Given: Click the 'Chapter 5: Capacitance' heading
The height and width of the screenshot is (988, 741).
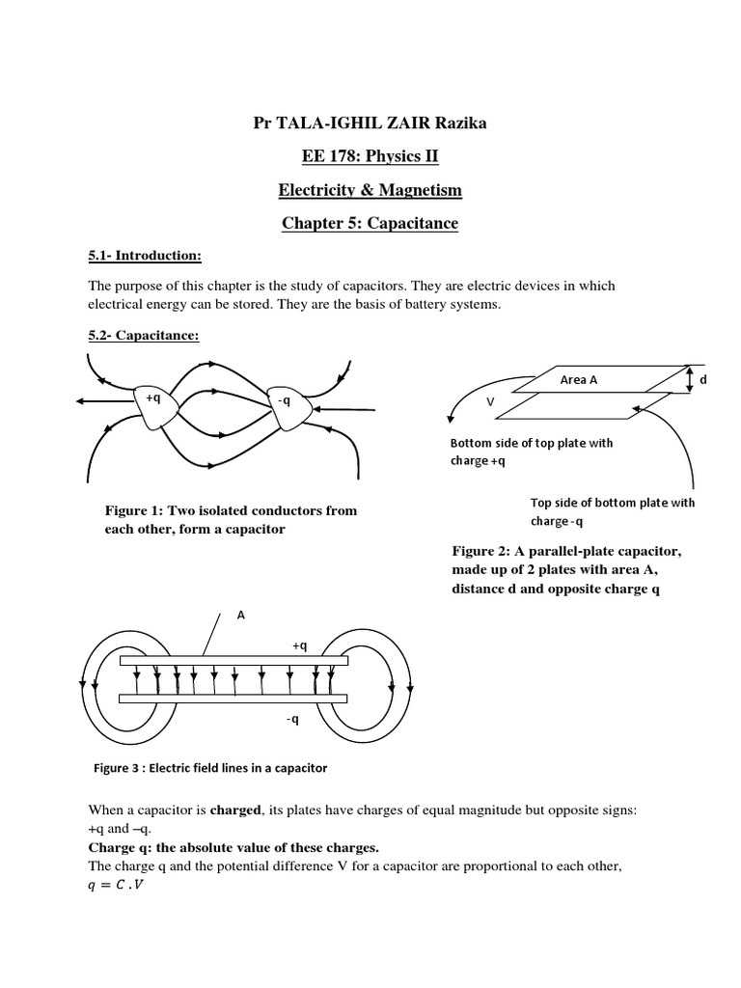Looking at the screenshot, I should pyautogui.click(x=370, y=224).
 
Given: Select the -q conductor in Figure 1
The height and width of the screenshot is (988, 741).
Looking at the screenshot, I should pyautogui.click(x=287, y=400).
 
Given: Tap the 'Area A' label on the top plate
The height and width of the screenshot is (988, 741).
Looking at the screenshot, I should pyautogui.click(x=579, y=380).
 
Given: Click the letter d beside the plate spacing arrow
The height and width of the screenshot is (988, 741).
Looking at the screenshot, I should pyautogui.click(x=703, y=380).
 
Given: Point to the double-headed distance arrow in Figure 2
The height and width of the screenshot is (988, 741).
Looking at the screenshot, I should pyautogui.click(x=689, y=380).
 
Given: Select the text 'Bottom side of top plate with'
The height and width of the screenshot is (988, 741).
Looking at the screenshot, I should pyautogui.click(x=532, y=444).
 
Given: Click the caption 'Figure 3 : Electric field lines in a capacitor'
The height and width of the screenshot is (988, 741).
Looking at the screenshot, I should pyautogui.click(x=210, y=768).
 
